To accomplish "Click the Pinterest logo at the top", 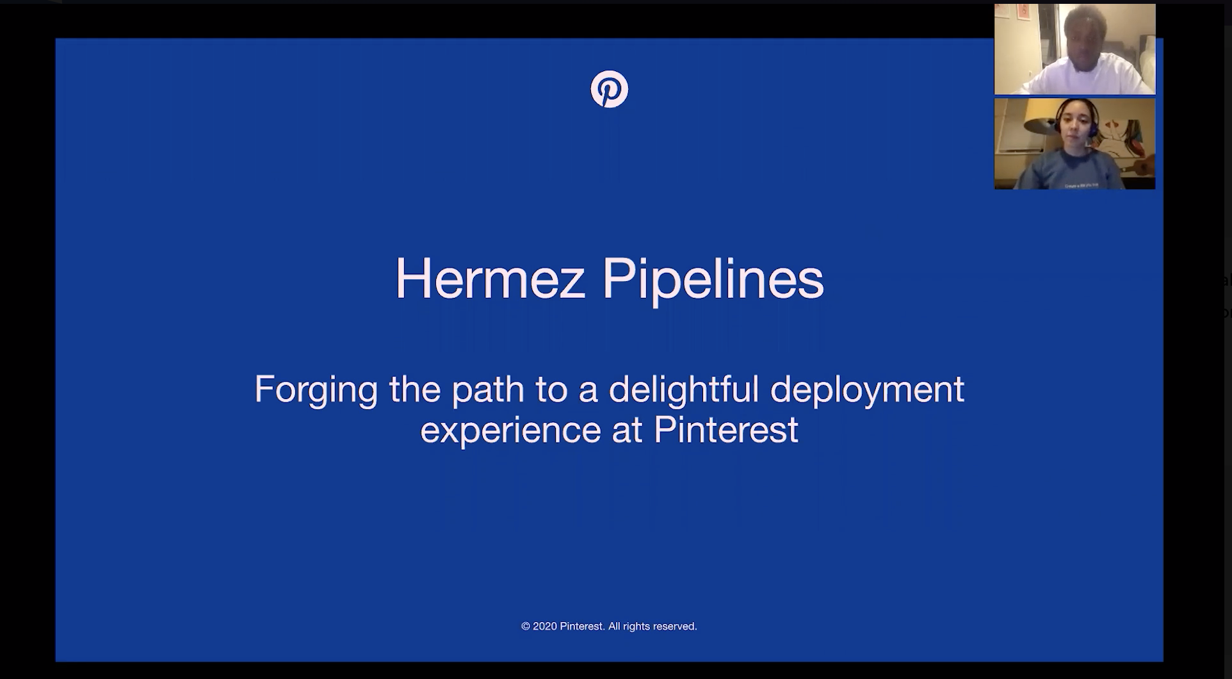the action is (609, 89).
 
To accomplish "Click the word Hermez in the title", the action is (490, 279).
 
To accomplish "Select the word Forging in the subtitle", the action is (316, 389).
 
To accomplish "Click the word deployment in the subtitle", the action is (868, 389).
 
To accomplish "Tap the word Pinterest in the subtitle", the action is (726, 429).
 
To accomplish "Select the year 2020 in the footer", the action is (545, 626).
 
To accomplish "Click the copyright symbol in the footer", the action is (526, 626).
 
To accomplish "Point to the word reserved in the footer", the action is (675, 626).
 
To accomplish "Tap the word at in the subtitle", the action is (627, 430).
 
